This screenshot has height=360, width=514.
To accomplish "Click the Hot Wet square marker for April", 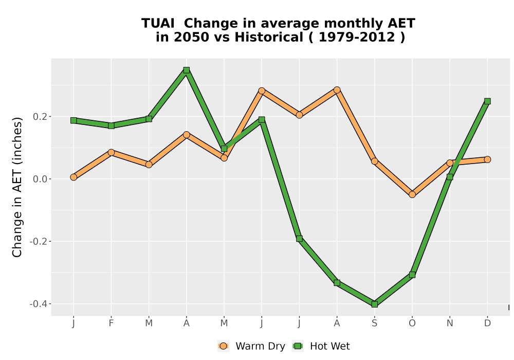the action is click(x=187, y=70).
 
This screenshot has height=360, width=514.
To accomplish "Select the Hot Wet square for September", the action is click(x=374, y=304).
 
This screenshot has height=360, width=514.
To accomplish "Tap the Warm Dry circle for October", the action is click(x=412, y=194).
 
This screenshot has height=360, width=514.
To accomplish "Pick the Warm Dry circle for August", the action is click(x=337, y=90).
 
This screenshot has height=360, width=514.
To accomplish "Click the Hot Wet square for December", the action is click(x=487, y=101).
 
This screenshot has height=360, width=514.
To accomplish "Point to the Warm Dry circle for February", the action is click(x=111, y=152).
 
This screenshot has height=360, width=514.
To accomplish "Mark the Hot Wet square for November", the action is click(x=450, y=177).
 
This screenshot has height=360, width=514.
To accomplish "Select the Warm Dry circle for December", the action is click(x=487, y=159).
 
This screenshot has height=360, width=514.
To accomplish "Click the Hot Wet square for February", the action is click(x=111, y=125).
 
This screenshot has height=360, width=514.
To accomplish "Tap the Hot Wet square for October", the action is click(x=412, y=275).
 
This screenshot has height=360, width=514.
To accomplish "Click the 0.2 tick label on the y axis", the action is click(x=40, y=117).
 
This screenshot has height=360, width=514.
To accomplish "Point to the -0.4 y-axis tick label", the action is click(x=39, y=304).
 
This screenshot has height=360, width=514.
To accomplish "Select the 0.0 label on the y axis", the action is click(x=40, y=179).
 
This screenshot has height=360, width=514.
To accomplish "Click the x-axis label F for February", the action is click(x=111, y=323).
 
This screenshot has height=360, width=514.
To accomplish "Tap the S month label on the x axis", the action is click(x=374, y=323).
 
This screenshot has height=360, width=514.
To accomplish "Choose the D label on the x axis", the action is click(x=487, y=323).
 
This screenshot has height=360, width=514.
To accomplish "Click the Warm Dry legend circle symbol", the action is click(x=223, y=346).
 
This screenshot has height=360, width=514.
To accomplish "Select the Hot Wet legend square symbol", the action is click(x=298, y=346).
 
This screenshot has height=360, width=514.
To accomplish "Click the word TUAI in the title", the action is click(x=158, y=24).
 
